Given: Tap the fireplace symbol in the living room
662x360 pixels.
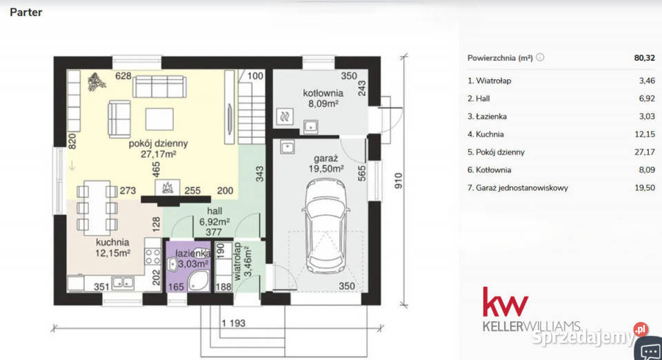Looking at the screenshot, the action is click(x=168, y=188).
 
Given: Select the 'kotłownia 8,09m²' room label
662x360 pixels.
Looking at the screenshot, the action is click(x=323, y=98).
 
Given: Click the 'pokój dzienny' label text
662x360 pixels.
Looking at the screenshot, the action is click(x=159, y=143).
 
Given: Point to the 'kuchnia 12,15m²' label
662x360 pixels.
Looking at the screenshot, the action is click(x=112, y=248).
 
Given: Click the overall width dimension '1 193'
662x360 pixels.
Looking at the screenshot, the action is click(x=234, y=323).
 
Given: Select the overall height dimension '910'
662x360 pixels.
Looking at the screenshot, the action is click(x=398, y=181).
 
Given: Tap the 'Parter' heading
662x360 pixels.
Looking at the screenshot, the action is click(x=26, y=12).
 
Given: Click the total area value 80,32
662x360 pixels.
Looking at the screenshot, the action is click(x=644, y=58).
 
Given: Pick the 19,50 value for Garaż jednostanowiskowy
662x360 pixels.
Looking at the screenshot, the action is click(x=645, y=188).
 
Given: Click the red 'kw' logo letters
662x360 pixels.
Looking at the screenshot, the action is click(x=505, y=302).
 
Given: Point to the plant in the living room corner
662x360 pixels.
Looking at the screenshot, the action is click(x=97, y=82).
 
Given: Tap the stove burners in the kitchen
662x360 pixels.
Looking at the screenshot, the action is click(x=152, y=256).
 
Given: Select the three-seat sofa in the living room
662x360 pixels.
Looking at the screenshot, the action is click(x=159, y=87).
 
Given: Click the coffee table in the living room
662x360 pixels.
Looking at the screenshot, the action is click(x=159, y=119).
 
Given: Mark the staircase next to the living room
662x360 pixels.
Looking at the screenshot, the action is click(x=252, y=107).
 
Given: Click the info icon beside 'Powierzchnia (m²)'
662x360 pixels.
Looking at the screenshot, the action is click(x=540, y=57).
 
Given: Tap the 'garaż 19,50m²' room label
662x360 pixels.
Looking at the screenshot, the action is click(x=326, y=163).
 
